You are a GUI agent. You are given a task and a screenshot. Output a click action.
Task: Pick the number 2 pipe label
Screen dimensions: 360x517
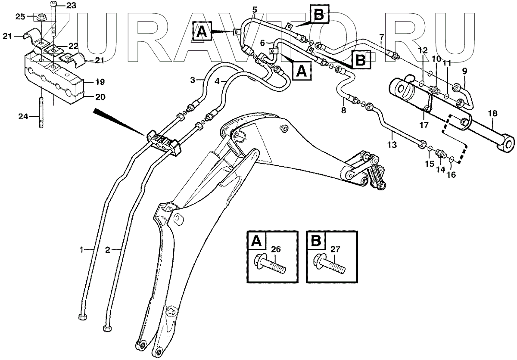click(108, 249)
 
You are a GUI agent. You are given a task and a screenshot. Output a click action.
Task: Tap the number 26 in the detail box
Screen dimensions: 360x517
click(276, 248)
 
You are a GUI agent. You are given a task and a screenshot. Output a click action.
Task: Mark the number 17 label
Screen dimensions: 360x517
click(424, 125)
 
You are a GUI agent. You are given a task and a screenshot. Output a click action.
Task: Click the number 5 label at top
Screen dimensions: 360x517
click(255, 9)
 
